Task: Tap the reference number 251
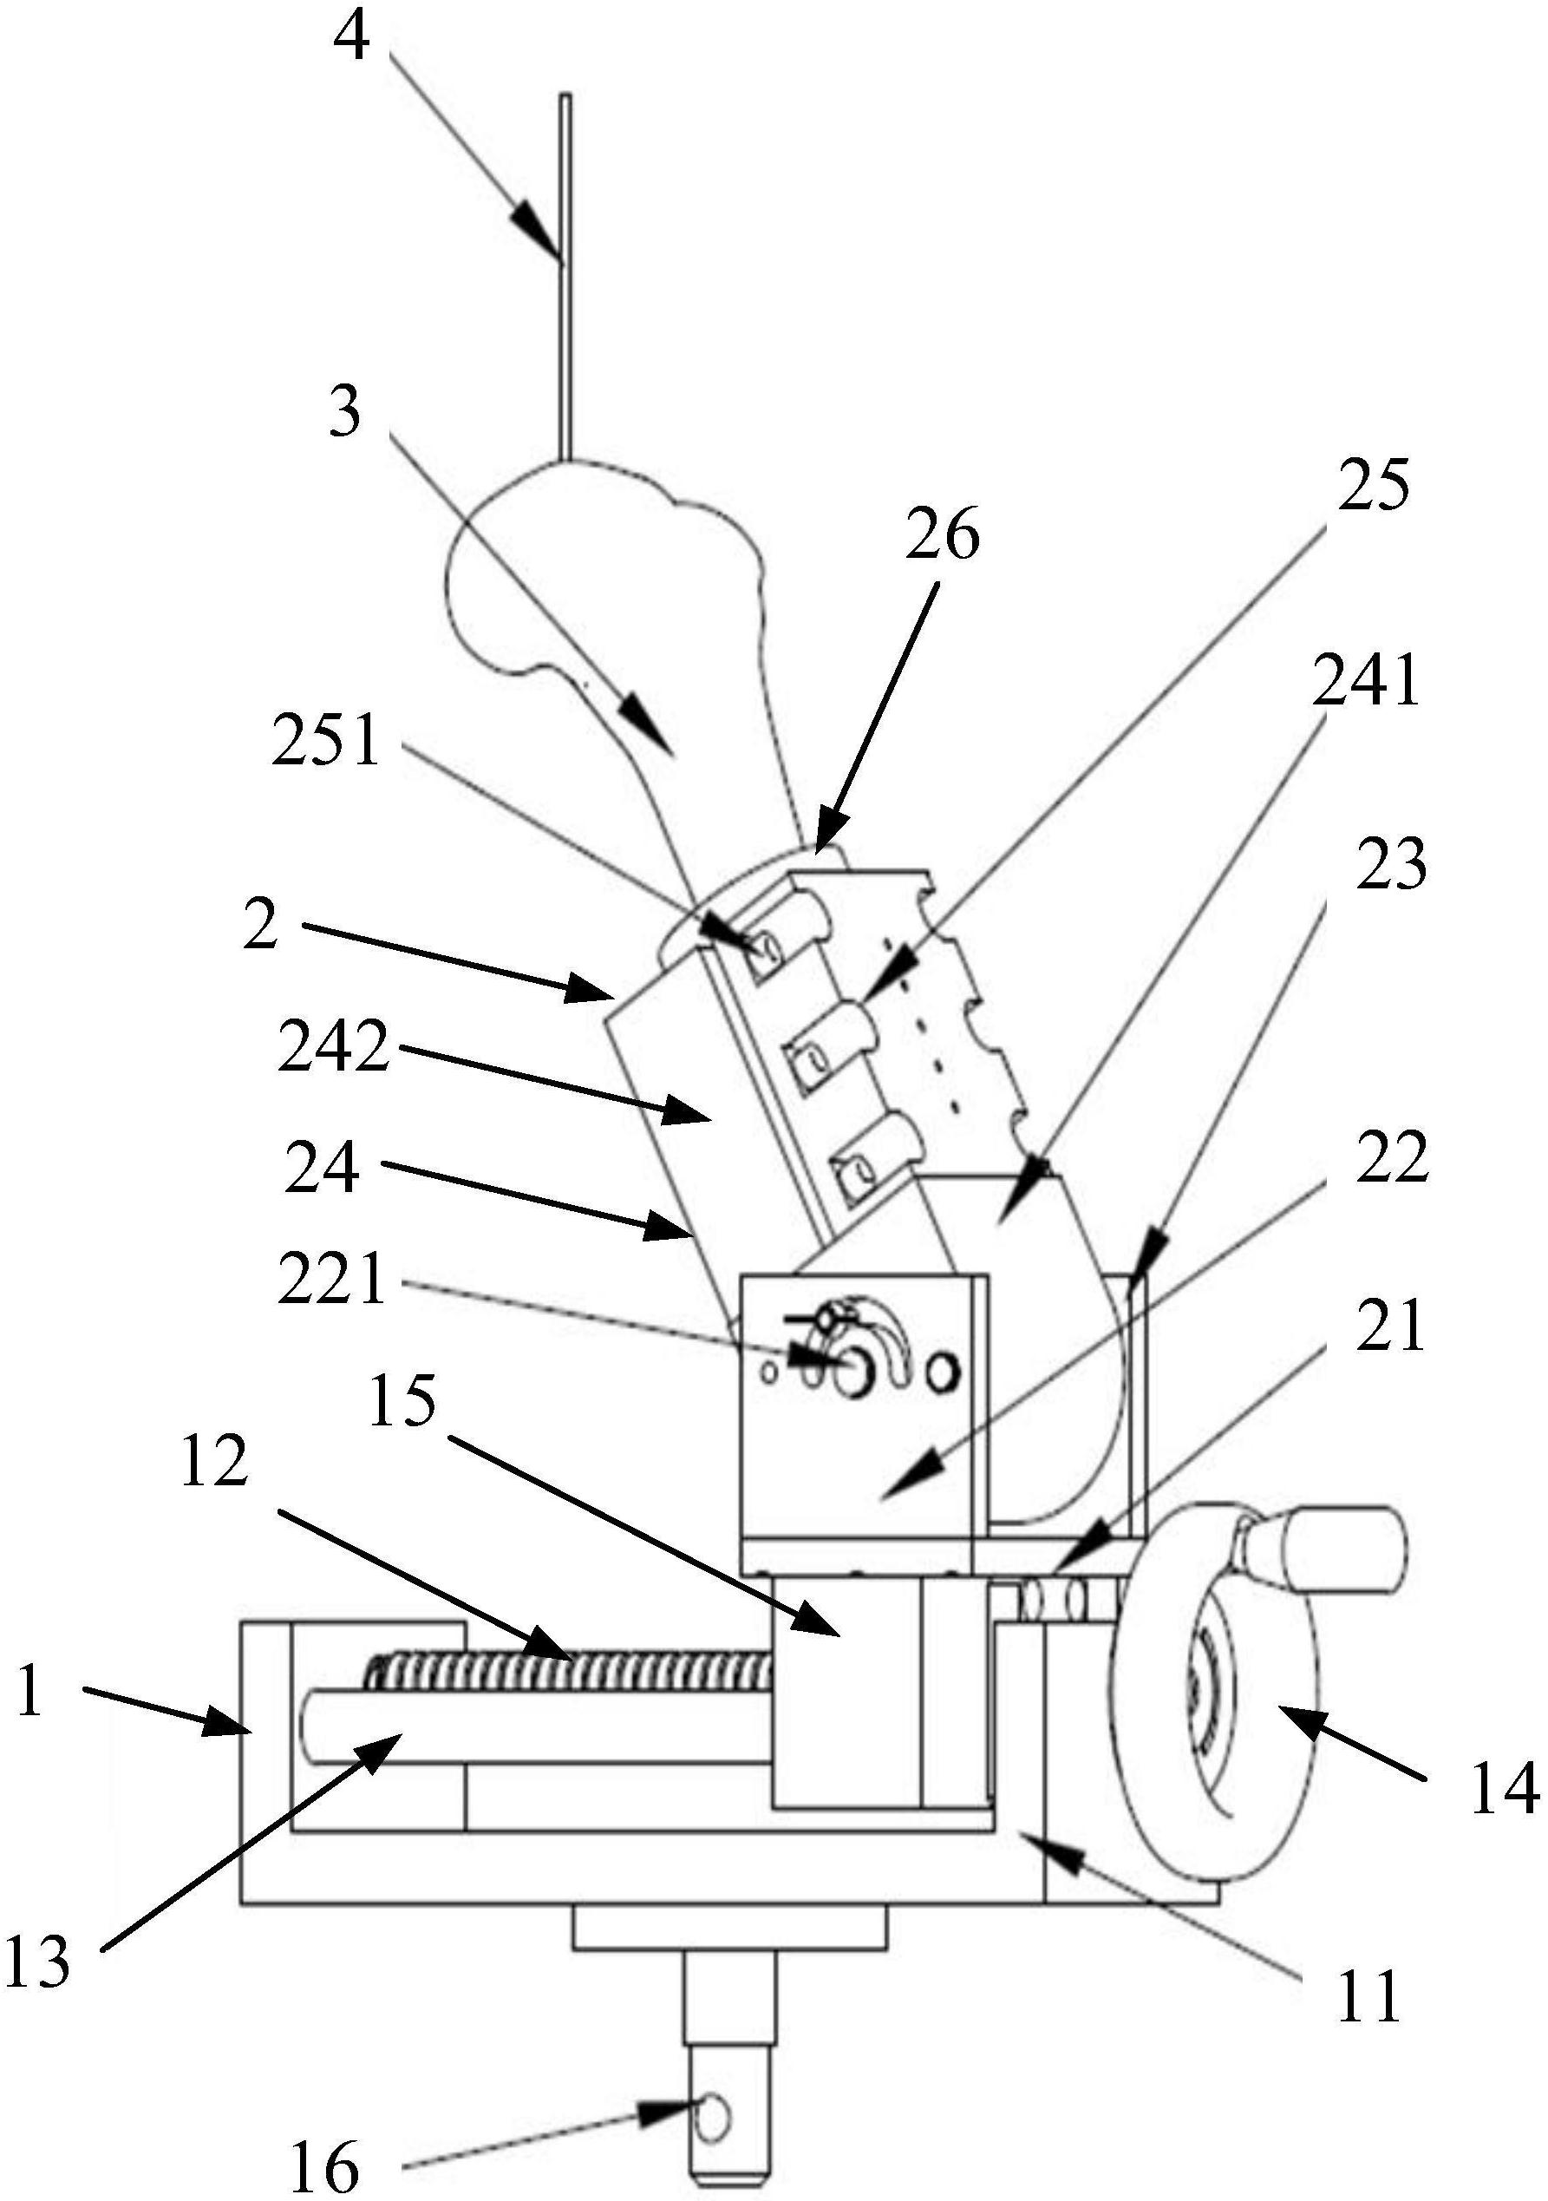(326, 743)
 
